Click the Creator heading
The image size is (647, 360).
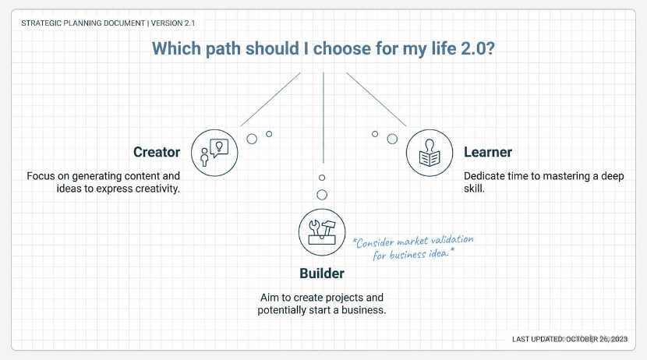(157, 152)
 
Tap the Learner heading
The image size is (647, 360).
(488, 152)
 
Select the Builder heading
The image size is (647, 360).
(322, 274)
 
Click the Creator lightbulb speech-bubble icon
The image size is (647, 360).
(214, 151)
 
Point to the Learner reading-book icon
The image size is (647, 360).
(430, 153)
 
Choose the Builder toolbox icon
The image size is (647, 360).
(322, 231)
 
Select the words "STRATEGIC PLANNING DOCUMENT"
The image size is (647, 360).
(82, 22)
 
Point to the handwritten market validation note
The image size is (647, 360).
(412, 247)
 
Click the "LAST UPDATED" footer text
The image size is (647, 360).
(538, 339)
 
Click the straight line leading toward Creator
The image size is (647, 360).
(270, 99)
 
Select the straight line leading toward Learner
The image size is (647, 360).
(376, 99)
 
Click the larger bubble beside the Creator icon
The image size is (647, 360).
(252, 139)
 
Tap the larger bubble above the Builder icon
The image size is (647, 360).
(322, 195)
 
